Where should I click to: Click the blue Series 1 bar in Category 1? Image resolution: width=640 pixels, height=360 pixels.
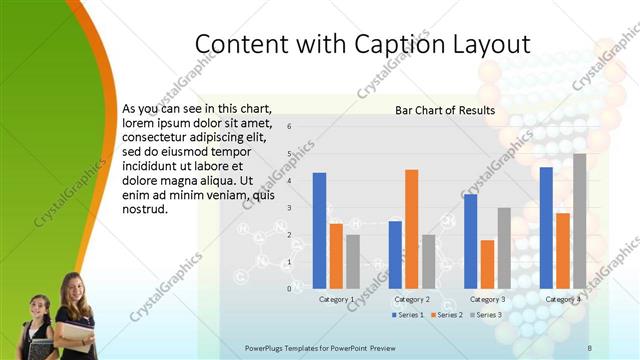tap(319, 230)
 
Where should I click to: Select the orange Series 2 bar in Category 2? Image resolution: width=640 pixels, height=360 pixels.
tap(411, 228)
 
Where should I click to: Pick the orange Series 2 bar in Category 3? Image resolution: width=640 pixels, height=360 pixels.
tap(487, 263)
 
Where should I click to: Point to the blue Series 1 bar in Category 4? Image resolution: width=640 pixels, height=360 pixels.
tap(546, 227)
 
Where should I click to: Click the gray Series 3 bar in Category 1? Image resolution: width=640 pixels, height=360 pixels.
tap(352, 261)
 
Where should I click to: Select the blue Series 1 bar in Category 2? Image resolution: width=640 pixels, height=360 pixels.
tap(395, 254)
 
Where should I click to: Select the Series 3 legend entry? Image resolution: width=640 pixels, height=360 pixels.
tap(485, 315)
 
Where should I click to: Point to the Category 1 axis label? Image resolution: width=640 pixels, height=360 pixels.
tap(336, 300)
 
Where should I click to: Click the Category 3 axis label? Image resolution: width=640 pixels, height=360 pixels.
tap(487, 300)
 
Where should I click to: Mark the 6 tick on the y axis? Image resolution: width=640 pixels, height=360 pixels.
tap(289, 127)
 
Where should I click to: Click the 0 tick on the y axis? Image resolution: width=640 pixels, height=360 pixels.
tap(289, 289)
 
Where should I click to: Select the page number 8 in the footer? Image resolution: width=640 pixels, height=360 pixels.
tap(590, 346)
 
